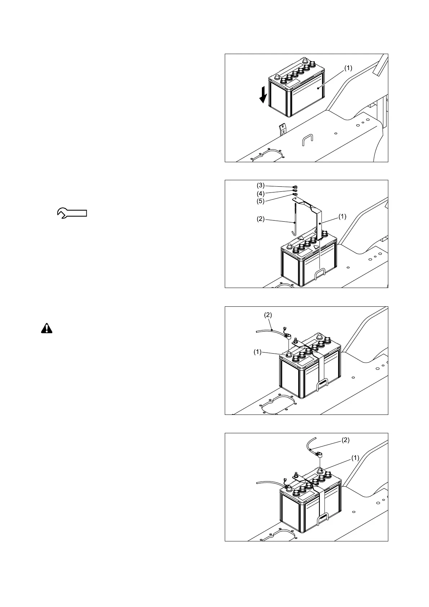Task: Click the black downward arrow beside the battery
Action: [x=264, y=94]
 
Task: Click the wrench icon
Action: [x=72, y=213]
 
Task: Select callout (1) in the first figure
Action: [x=348, y=68]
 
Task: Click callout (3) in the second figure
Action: [x=260, y=186]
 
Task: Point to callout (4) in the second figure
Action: [x=260, y=194]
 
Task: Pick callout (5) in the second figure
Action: [x=260, y=201]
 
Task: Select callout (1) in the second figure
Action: [x=342, y=217]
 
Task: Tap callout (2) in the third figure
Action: [x=268, y=315]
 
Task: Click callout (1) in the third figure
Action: [x=257, y=352]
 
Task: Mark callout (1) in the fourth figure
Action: [x=355, y=458]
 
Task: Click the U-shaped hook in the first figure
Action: [x=307, y=139]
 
